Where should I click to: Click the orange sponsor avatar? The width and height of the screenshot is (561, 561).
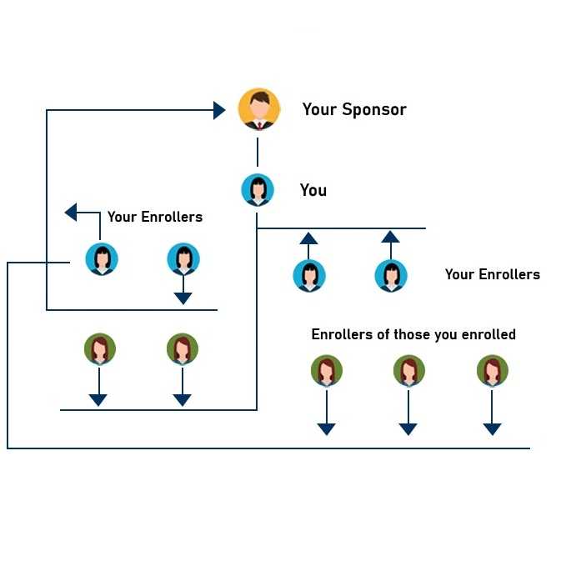point(258,109)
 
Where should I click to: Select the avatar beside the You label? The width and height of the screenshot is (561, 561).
point(258,190)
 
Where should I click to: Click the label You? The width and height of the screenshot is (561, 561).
point(313,190)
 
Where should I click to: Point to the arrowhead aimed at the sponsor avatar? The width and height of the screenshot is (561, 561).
point(219,110)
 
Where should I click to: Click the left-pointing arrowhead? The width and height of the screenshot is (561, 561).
point(72,213)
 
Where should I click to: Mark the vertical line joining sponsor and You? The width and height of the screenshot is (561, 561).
point(258,152)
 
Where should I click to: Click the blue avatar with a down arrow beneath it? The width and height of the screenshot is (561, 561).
point(183,259)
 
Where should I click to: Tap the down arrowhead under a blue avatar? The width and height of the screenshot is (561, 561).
point(183,298)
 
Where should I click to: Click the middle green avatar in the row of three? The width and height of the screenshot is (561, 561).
point(408,371)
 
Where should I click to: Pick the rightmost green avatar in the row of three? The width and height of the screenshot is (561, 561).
point(492,371)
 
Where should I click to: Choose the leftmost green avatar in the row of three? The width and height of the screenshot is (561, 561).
point(327,371)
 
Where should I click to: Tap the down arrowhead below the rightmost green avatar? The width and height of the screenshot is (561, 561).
point(492,428)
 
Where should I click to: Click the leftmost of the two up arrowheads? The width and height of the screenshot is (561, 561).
point(308,238)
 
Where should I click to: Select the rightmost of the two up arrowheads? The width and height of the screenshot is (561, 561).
point(390,237)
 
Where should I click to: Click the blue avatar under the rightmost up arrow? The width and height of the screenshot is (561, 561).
point(390,275)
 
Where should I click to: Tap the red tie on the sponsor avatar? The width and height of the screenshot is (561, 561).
point(259,125)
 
